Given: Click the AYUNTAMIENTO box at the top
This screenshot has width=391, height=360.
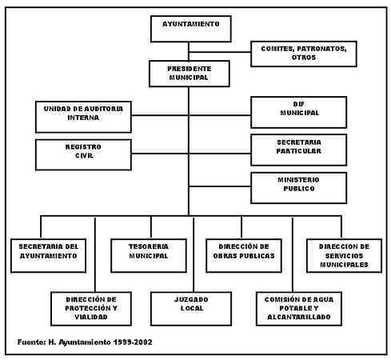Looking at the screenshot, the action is coord(191,29).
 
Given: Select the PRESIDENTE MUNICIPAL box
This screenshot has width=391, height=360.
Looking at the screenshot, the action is coord(190,74).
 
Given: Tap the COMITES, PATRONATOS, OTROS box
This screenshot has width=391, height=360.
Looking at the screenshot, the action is coord(304,54).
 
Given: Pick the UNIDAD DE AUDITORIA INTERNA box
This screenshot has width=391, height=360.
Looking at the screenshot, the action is coord(83,117).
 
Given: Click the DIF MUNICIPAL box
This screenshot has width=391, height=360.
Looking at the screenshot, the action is coord(299,112).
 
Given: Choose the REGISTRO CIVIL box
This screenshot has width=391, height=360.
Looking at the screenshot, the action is coord(83,154).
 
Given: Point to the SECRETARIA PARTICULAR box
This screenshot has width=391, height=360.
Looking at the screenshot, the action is coord(299,150).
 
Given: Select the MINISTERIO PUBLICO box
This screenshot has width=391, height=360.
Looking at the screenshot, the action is coord(299,188).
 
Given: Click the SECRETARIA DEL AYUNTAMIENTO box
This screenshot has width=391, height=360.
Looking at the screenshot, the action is coord(48,255).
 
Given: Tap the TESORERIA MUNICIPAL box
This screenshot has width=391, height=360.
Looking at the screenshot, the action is coord(149,255).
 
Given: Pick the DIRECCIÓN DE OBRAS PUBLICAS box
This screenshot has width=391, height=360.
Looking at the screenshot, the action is coord(244,255).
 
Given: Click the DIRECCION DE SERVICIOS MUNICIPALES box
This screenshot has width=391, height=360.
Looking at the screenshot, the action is coord(344,255).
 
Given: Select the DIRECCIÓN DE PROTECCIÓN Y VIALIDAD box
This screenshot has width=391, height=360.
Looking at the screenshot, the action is coord(91,309).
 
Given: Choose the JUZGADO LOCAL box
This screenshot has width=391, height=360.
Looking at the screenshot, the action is coord(191,309).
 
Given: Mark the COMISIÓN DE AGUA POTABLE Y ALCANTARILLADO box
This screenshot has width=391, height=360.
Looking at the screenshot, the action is coord(299,309).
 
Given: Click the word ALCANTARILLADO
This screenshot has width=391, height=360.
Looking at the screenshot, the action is coord(299,317).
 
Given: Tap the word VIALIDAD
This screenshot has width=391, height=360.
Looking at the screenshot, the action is coord(91,317).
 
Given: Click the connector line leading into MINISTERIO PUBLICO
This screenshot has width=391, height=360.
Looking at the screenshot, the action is coord(220,186).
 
